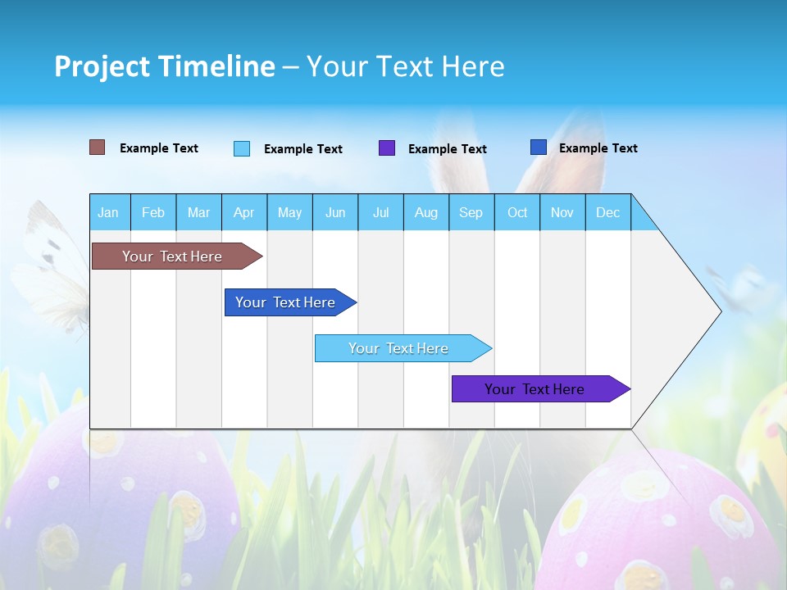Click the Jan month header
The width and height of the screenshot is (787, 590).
(x=108, y=212)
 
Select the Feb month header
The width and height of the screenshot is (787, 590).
(x=153, y=212)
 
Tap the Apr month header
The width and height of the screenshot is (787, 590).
(x=244, y=212)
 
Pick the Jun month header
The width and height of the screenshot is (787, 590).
(x=335, y=212)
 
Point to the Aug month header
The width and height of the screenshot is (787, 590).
(x=426, y=212)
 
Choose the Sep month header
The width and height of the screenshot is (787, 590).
(x=471, y=212)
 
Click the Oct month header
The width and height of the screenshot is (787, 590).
(x=517, y=212)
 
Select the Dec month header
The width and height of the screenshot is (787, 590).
(x=608, y=212)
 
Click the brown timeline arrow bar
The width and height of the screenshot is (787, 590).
(x=173, y=256)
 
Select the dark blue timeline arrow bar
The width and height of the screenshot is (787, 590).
(x=286, y=302)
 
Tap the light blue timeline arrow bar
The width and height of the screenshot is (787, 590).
(x=399, y=348)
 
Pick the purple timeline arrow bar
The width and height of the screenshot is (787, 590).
(x=535, y=389)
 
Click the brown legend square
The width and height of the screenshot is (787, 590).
(x=98, y=147)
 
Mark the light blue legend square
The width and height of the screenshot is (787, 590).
(x=242, y=148)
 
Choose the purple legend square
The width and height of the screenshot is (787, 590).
(x=387, y=148)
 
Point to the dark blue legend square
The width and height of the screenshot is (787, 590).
(x=539, y=147)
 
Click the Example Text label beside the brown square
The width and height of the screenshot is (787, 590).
(x=159, y=148)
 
